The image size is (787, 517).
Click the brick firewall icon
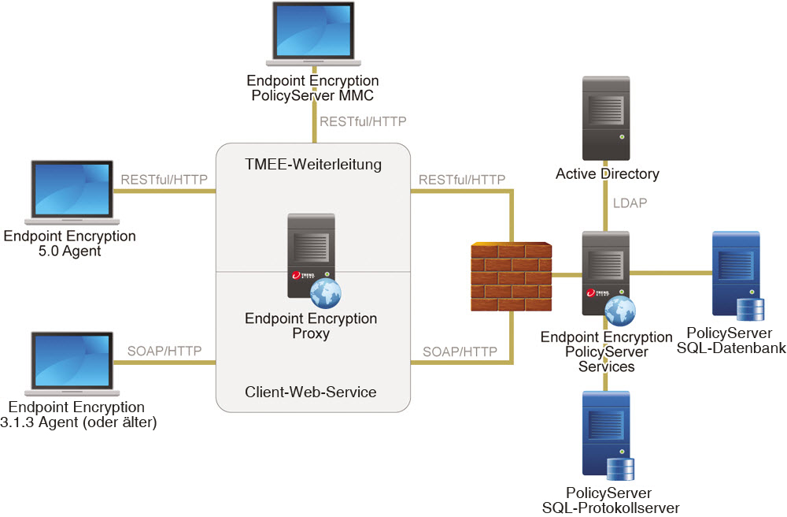tap(511, 276)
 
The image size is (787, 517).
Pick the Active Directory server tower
tap(605, 118)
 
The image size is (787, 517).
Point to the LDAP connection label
tap(630, 203)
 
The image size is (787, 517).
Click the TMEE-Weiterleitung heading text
tap(312, 165)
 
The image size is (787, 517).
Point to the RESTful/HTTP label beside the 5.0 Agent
tap(164, 180)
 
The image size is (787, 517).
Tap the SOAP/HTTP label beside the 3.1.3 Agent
tap(164, 351)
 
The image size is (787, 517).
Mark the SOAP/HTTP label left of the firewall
tap(460, 351)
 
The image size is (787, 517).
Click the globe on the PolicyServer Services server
tap(619, 311)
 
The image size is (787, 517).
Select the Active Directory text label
tap(607, 173)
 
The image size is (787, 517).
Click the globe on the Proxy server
tap(325, 293)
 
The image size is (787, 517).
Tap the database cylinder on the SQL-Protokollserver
tap(620, 468)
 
